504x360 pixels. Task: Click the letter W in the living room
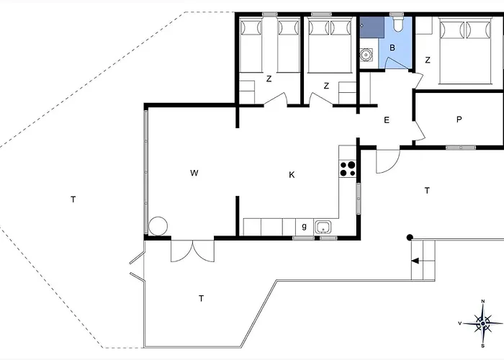[x=194, y=173]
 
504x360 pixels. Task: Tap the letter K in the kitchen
[x=292, y=175]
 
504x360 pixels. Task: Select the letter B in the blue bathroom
[x=392, y=48]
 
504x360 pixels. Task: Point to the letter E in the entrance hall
[x=387, y=120]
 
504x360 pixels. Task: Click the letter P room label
[x=459, y=120]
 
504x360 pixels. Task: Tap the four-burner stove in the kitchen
[x=348, y=168]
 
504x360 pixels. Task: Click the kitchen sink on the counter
[x=323, y=227]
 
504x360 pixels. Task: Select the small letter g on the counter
[x=304, y=227]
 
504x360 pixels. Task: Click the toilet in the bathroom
[x=398, y=24]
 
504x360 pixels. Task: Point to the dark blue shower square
[x=372, y=27]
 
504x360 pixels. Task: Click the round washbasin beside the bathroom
[x=366, y=55]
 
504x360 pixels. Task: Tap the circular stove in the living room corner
[x=158, y=226]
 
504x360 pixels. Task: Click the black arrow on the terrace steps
[x=415, y=261]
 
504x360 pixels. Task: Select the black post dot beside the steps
[x=410, y=238]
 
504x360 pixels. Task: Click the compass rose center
[x=483, y=323]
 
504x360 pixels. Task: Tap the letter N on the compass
[x=483, y=302]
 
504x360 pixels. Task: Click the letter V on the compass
[x=460, y=323]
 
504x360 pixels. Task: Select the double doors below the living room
[x=192, y=251]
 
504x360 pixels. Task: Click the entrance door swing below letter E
[x=388, y=161]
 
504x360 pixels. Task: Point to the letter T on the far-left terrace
[x=73, y=199]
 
